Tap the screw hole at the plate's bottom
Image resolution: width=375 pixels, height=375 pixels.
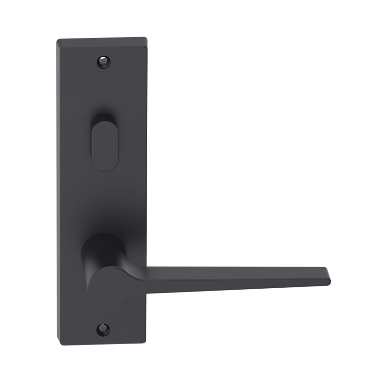[103, 329]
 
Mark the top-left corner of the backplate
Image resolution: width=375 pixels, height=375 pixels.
[57, 39]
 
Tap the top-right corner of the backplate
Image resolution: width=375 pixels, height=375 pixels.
[147, 37]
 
